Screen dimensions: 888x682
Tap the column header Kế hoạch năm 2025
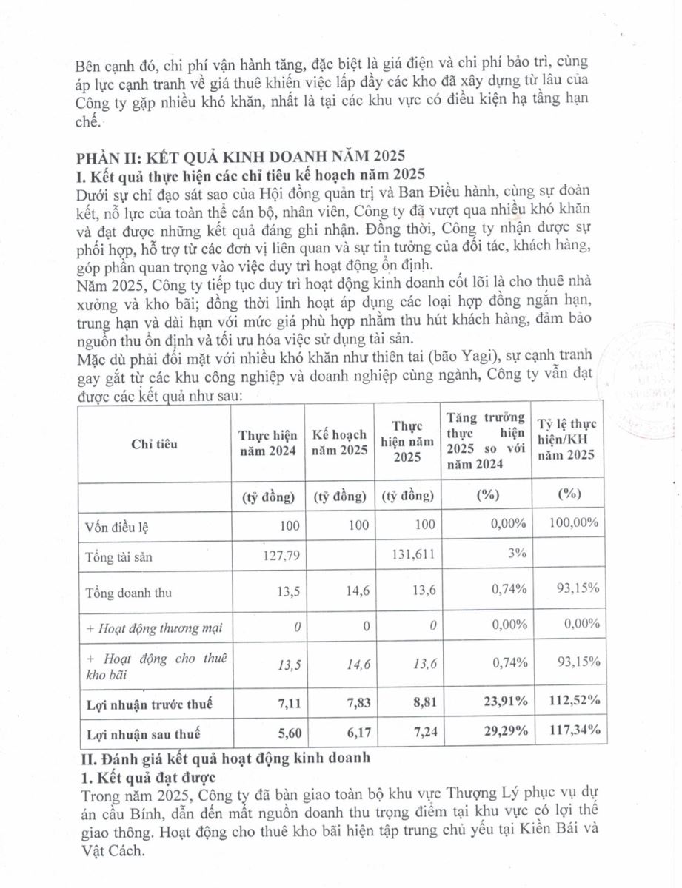tap(340, 444)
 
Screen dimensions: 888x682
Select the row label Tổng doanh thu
tap(123, 593)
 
